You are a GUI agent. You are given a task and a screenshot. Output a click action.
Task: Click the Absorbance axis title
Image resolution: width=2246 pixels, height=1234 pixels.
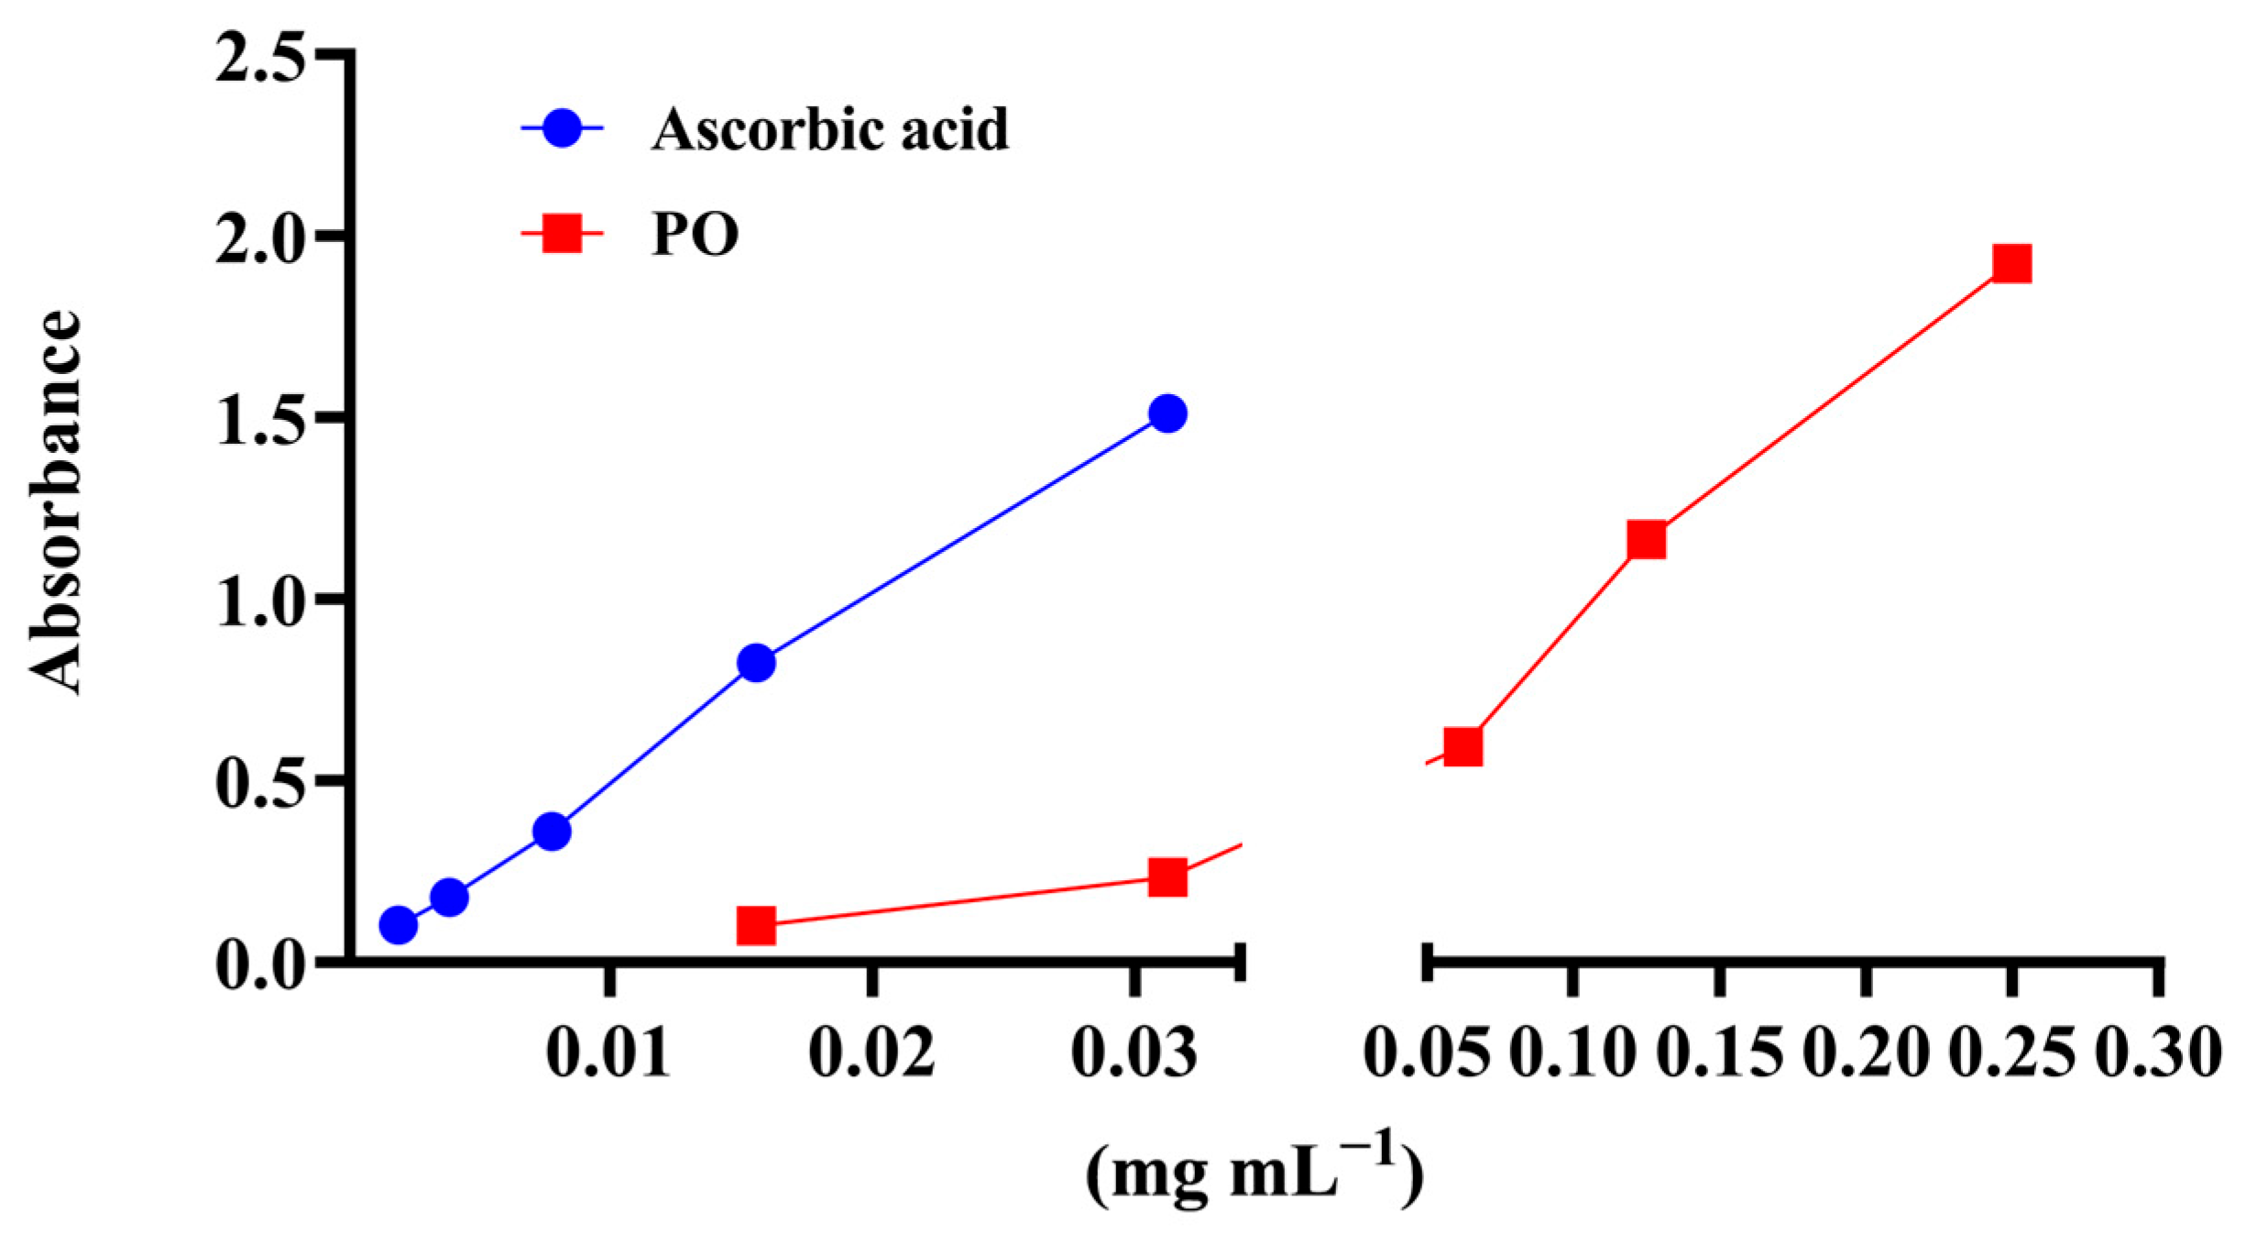[x=55, y=502]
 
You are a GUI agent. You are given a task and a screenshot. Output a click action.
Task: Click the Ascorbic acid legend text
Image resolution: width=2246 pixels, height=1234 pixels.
[x=829, y=130]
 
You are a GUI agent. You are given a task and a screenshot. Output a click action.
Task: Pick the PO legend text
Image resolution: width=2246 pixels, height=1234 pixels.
[x=695, y=237]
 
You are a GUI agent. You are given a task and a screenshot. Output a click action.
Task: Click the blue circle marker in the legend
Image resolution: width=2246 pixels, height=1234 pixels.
[x=563, y=129]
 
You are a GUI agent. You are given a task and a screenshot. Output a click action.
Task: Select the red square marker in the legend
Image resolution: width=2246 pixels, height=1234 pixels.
[x=563, y=236]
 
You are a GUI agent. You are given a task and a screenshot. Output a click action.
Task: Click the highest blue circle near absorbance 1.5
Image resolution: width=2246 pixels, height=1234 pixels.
[x=1167, y=413]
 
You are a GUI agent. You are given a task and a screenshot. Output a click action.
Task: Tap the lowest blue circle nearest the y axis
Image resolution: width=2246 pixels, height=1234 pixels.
[x=398, y=925]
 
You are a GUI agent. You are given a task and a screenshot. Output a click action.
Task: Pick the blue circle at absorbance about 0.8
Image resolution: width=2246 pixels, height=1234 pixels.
[x=756, y=662]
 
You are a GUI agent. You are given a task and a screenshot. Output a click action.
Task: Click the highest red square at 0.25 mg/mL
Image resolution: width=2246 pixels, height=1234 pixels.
[x=2011, y=264]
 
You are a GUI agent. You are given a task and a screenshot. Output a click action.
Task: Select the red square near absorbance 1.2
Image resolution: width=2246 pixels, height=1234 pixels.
[x=1646, y=539]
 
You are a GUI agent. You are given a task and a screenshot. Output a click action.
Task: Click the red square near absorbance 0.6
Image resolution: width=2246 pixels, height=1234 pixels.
[x=1463, y=747]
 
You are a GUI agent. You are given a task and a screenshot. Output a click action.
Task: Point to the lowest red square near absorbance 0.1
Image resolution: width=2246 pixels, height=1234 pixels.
[x=756, y=926]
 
